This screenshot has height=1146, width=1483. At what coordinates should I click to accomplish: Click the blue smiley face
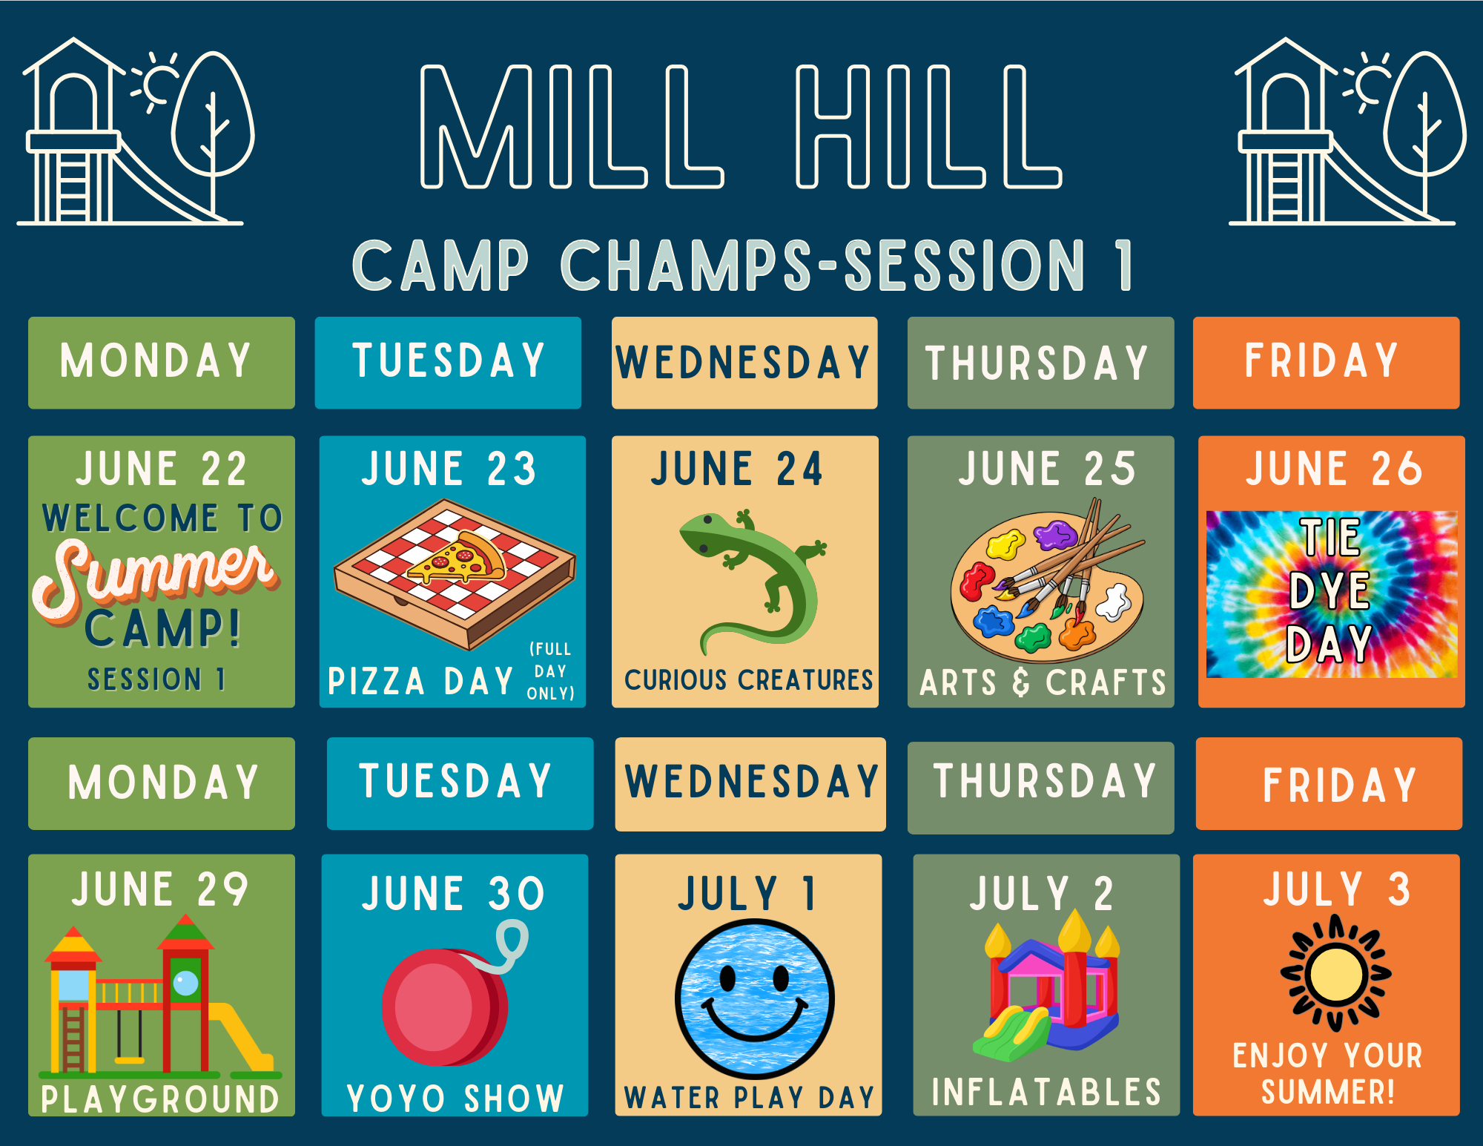coord(755,998)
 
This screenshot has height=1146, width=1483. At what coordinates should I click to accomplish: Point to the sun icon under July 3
coord(1335,973)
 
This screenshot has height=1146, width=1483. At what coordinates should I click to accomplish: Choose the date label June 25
coord(1047,468)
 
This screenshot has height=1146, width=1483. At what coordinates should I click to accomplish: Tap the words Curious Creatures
coord(748,679)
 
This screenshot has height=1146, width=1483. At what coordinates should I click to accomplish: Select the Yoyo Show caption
coord(455,1098)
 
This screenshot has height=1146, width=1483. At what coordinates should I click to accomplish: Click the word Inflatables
coord(1046,1092)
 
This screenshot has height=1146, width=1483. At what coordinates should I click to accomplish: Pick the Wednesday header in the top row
coord(744,363)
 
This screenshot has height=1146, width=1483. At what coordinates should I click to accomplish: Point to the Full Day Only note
coord(550,671)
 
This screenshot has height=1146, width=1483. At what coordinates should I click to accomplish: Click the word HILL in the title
coord(928,126)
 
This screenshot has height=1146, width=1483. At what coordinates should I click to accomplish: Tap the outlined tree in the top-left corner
coord(214,130)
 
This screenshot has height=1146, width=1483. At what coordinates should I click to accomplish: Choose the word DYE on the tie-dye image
coord(1329,591)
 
